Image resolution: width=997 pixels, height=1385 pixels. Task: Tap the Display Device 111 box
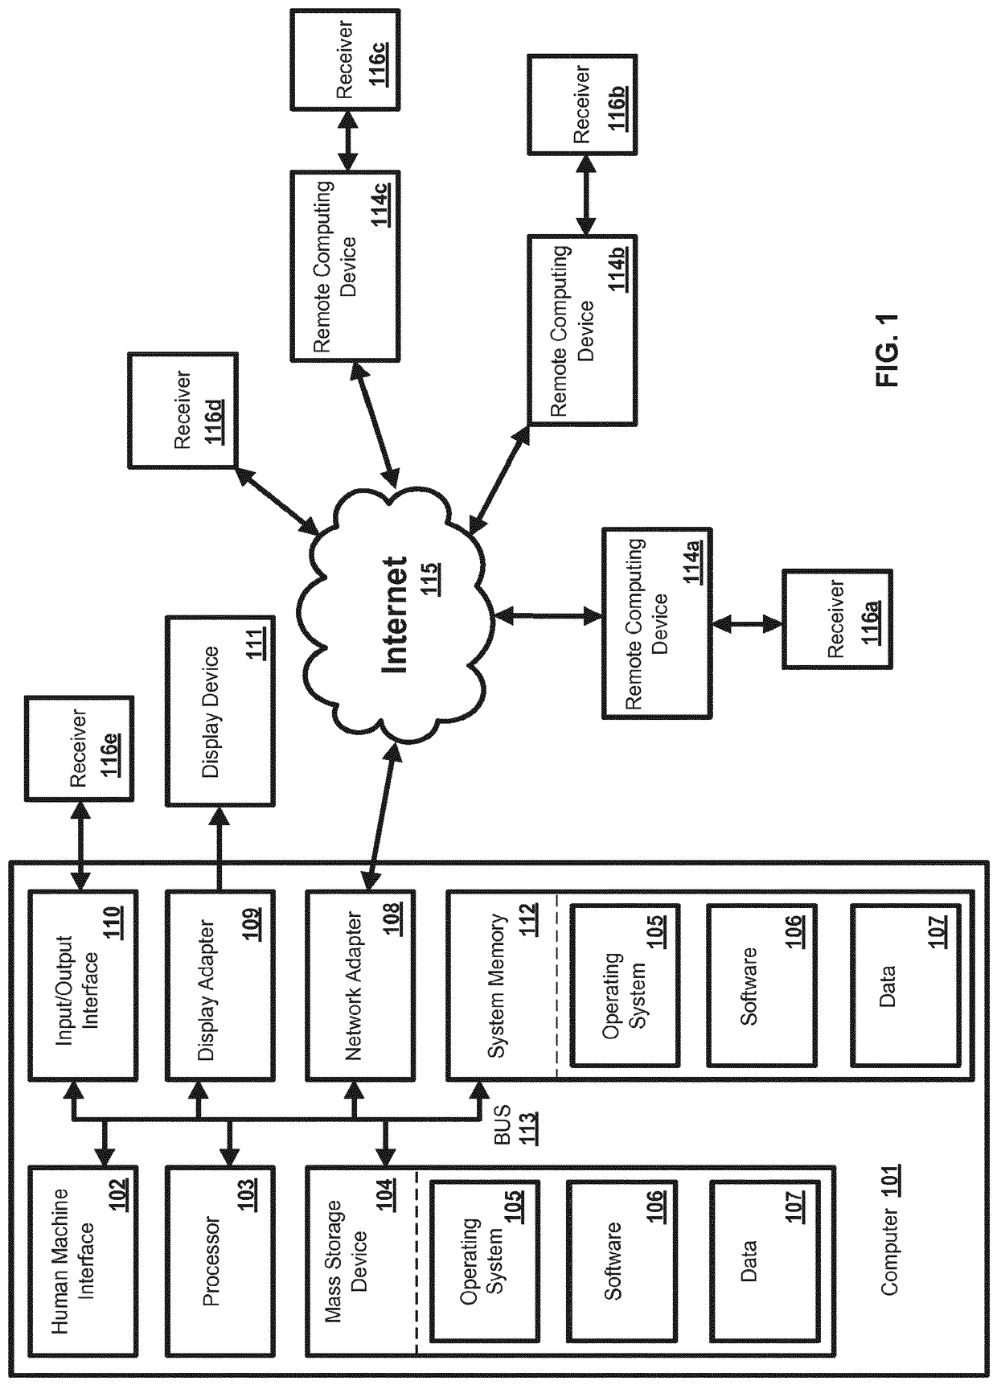[220, 711]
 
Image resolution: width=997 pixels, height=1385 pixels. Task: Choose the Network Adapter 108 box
[361, 984]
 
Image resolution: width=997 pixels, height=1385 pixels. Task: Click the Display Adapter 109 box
[220, 984]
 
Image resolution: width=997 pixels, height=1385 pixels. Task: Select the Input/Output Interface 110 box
[82, 984]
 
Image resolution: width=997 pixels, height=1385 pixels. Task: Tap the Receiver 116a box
[837, 619]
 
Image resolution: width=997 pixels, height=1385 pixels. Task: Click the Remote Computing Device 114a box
[657, 623]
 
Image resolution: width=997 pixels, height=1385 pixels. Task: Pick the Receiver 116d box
[183, 409]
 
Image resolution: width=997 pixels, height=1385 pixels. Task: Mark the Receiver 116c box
[344, 59]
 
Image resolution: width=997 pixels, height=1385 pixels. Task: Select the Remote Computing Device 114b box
[582, 330]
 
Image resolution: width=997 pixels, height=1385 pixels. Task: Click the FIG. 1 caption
[888, 351]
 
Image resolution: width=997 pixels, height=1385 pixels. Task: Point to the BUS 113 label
[515, 1126]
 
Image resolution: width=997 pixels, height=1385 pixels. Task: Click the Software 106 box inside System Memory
[761, 986]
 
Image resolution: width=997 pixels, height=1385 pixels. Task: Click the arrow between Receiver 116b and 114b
[584, 195]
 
